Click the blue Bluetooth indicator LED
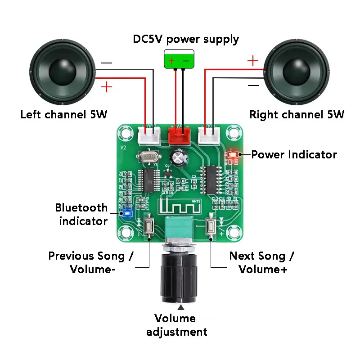[127, 213]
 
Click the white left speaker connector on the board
[150, 134]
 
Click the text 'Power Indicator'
[294, 155]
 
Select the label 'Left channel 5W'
[64, 114]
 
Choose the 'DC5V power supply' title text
[186, 39]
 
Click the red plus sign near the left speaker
[107, 86]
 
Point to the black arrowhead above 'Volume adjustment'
[181, 308]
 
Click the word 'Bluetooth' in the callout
[81, 208]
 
